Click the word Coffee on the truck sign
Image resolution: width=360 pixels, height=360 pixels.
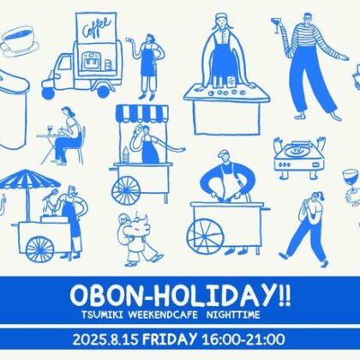click(x=97, y=27)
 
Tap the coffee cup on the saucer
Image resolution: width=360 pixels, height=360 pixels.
click(x=20, y=39)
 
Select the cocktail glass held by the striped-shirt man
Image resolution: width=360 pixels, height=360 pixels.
click(x=277, y=25)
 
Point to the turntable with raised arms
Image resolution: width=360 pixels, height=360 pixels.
click(x=299, y=156)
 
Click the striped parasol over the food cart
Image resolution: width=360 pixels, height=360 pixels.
click(x=29, y=179)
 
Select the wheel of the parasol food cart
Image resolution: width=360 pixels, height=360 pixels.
click(x=39, y=249)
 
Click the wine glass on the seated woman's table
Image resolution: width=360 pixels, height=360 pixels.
click(x=51, y=129)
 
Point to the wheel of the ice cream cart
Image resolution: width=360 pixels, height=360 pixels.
click(x=126, y=190)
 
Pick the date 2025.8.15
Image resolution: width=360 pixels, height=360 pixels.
click(x=105, y=339)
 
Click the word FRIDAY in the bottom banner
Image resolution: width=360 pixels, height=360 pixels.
click(x=170, y=339)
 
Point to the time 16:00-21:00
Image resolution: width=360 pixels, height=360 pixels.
click(x=243, y=339)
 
